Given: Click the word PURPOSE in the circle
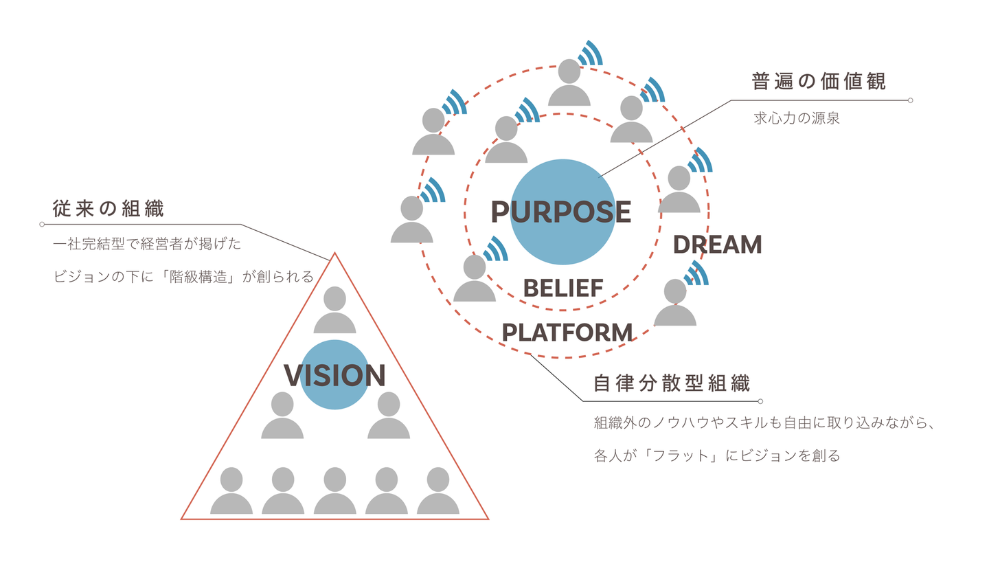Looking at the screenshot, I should point(561,212).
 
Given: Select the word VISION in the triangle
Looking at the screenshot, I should point(334,375).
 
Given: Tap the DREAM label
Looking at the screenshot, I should point(717,245).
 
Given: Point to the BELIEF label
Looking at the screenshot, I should point(563,288).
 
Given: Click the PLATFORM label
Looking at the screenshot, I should point(567,332).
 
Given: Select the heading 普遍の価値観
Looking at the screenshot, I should point(819,81).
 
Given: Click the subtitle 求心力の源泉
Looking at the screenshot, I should point(797,118).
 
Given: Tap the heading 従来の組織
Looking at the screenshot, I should point(109,209).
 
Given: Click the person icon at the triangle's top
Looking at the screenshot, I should point(334,310).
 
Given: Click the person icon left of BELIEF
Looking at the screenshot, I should point(475,278).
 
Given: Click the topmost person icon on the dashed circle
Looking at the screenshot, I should point(569,82).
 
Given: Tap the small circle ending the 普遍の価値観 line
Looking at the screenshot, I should point(910,100).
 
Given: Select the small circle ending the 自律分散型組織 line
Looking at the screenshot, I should point(760,401).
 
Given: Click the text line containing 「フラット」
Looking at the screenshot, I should point(717,455).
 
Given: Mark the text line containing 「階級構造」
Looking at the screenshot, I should point(183,277).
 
